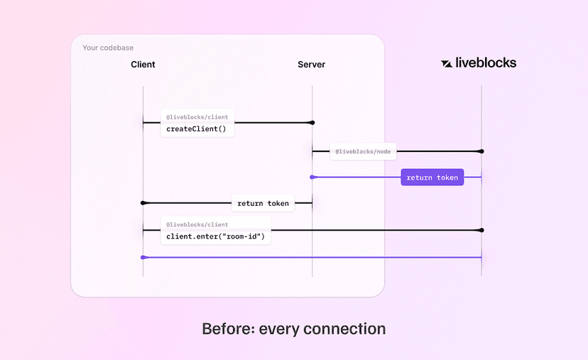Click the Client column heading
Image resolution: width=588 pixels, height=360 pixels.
tap(143, 65)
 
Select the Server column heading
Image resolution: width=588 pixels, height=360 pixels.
tap(311, 65)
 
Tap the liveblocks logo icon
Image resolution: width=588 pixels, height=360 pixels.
tap(447, 63)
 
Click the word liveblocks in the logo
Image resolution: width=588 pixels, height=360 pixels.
tap(486, 62)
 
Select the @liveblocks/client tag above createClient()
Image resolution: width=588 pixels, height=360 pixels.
tap(197, 116)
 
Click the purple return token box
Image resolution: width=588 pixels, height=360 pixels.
tap(432, 178)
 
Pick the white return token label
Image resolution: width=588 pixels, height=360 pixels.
tap(263, 203)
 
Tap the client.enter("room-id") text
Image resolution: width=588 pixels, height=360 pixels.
tap(215, 236)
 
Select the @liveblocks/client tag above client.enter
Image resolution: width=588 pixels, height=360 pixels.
tap(197, 224)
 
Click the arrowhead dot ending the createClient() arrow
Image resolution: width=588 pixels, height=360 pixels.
tap(312, 123)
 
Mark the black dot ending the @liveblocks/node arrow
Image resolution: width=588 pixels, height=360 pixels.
tap(481, 151)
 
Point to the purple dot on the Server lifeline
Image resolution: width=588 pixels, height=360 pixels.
tap(312, 177)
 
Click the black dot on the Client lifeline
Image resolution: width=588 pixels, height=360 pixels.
tap(143, 203)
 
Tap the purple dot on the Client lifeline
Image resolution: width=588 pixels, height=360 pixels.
tap(143, 257)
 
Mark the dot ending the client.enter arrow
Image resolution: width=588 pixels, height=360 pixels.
tap(481, 230)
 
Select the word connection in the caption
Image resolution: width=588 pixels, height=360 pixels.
tap(344, 329)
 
